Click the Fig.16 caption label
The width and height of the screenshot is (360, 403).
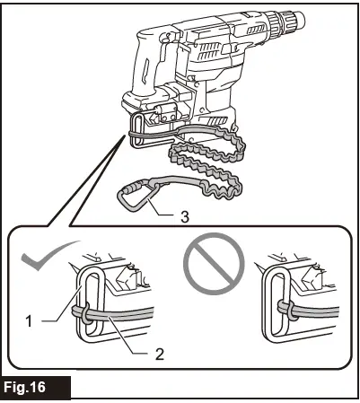tap(36, 388)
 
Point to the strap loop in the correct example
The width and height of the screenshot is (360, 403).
tap(81, 311)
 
